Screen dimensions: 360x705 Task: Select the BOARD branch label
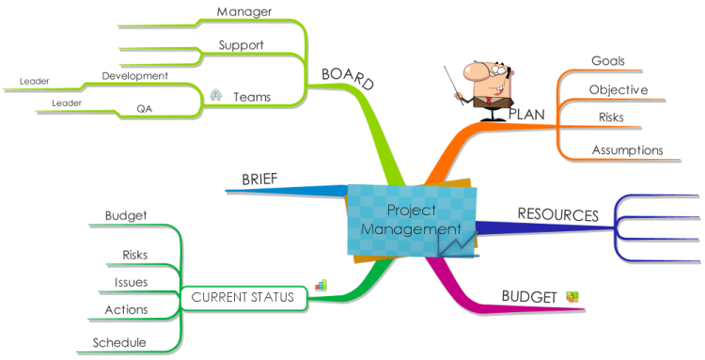[348, 79]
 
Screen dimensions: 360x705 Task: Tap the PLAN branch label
[526, 114]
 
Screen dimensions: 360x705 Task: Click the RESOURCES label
[557, 214]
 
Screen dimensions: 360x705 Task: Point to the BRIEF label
[259, 180]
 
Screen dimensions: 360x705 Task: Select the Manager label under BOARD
[244, 11]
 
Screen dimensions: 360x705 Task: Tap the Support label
[241, 44]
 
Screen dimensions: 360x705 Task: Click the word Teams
[252, 96]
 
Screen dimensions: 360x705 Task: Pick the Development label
[134, 75]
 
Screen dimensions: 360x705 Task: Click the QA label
[144, 108]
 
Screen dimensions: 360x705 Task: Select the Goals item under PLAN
[608, 61]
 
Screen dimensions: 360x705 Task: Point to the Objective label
[619, 89]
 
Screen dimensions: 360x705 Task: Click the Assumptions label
[627, 149]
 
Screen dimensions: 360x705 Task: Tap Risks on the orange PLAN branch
[611, 117]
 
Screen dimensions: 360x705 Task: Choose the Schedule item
[118, 342]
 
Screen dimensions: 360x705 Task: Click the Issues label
[131, 281]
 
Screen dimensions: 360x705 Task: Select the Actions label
[125, 309]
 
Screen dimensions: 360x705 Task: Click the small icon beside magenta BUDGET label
[572, 297]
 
